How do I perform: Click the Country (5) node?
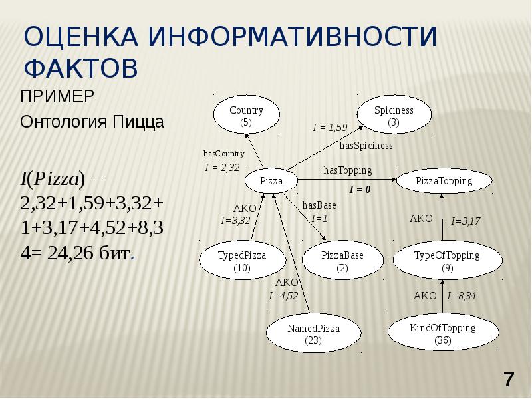coord(246,116)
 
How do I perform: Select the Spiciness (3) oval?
coord(394,116)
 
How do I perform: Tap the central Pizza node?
coord(271,180)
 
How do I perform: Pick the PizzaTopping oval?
coord(444,180)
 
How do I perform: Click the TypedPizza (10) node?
coord(242,261)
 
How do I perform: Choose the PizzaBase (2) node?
coord(342,261)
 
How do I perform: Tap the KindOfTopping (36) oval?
coord(442,334)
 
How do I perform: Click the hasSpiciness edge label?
coord(366,145)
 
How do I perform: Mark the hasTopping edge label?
coord(348,170)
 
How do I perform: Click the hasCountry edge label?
coord(224,154)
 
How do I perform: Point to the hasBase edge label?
coord(319,205)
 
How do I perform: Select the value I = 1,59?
coord(331,127)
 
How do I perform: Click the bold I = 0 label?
coord(359,190)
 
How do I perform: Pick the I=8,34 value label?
coord(462,295)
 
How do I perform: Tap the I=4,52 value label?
coord(283,295)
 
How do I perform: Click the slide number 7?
coord(509,380)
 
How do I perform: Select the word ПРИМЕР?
coord(57,96)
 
